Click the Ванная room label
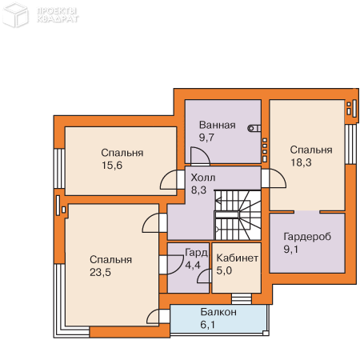pos(218,125)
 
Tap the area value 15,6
pos(112,166)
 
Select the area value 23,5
pos(100,272)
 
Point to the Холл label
pos(203,178)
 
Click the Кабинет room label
pos(238,258)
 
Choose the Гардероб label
pos(307,237)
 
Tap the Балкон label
pos(218,312)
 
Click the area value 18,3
pos(301,162)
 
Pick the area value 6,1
pos(207,325)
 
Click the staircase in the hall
pos(238,215)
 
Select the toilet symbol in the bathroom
pos(254,129)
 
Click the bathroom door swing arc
pos(200,155)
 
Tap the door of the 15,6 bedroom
pos(169,180)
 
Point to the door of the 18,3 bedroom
pos(278,178)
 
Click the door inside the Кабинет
pos(204,276)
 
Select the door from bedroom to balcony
pos(154,317)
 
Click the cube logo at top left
pos(15,14)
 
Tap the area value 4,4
pos(193,266)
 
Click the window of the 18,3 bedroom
pos(350,144)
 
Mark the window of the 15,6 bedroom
pos(59,169)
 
